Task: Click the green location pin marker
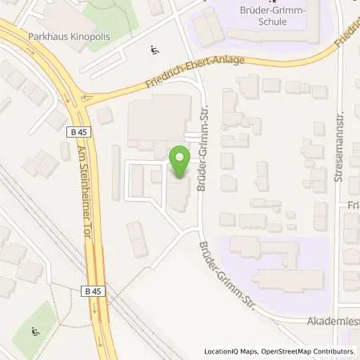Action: point(180,162)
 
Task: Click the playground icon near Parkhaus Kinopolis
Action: point(154,52)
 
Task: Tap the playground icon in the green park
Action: point(34,331)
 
